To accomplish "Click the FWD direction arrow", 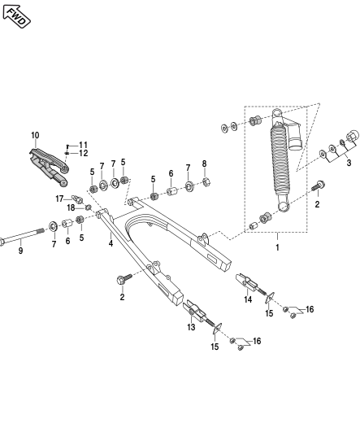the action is click(x=16, y=17).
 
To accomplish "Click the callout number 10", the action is click(x=35, y=135).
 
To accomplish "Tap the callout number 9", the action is click(x=20, y=251).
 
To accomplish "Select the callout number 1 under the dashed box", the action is click(x=277, y=247).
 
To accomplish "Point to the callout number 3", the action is click(x=349, y=163).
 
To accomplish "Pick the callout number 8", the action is click(x=204, y=164).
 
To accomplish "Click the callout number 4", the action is click(x=111, y=243).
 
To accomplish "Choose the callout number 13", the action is click(x=191, y=327).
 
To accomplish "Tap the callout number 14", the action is click(x=248, y=299).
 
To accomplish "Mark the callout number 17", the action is click(x=59, y=199).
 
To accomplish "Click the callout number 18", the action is click(x=71, y=208).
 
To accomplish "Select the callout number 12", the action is click(x=84, y=153).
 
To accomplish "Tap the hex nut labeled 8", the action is click(x=206, y=181).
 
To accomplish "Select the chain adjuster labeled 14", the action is click(x=251, y=284).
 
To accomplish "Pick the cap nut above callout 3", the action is click(x=351, y=137).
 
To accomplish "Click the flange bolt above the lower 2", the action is click(x=124, y=279).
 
